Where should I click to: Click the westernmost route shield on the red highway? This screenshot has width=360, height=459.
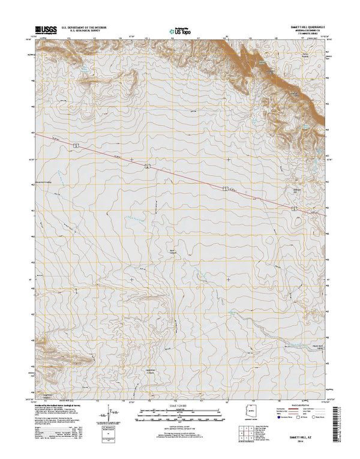(76, 146)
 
